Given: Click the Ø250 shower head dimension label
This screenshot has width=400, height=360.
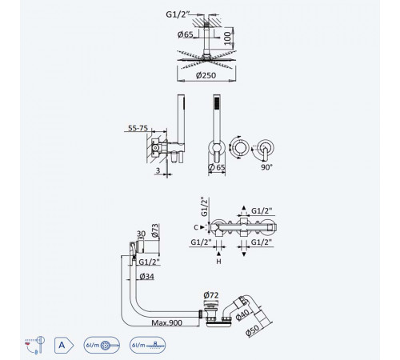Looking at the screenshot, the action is (x=206, y=75).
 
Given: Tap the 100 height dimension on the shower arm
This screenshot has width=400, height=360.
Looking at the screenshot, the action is (x=228, y=38).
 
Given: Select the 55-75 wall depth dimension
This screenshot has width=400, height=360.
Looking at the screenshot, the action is (x=138, y=128).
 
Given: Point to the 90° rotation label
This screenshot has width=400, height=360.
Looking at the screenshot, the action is (x=266, y=167).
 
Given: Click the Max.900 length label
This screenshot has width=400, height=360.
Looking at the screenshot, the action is (x=167, y=322).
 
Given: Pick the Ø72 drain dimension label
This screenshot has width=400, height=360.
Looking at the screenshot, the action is (x=211, y=295).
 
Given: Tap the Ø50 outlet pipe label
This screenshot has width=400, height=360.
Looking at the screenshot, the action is (x=252, y=330).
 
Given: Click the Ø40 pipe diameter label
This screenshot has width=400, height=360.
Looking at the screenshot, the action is (x=242, y=314).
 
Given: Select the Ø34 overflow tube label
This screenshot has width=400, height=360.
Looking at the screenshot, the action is (x=146, y=277).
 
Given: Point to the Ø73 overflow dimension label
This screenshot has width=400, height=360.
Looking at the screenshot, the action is (x=155, y=230).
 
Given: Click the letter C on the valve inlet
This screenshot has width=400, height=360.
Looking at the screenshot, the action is (x=196, y=227).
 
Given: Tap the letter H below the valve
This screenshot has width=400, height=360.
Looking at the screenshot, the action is (x=218, y=262).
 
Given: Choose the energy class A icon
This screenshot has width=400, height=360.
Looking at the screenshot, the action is (x=64, y=346).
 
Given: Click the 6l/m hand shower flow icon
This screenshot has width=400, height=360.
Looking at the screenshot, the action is (x=102, y=345).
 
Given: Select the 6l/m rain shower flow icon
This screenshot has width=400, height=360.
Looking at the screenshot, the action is (x=147, y=345).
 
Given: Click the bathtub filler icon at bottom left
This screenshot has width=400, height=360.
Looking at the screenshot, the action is (x=34, y=345).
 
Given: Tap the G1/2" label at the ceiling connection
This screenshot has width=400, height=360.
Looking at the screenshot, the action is (x=177, y=14).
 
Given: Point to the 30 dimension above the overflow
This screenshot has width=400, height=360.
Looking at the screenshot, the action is (x=141, y=234).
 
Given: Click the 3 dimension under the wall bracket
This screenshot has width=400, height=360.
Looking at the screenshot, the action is (x=158, y=170).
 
